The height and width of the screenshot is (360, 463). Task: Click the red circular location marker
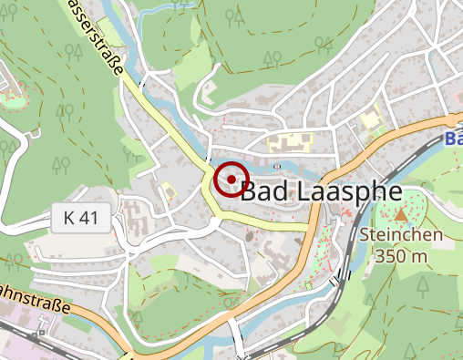[232, 179]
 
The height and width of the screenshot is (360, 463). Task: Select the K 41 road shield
[81, 219]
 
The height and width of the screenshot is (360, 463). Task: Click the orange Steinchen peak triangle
[401, 215]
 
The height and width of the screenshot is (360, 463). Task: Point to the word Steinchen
[401, 235]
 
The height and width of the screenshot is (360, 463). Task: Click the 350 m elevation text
[401, 256]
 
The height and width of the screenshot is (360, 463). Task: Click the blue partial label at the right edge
[454, 139]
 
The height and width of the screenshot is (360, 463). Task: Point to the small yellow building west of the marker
[168, 190]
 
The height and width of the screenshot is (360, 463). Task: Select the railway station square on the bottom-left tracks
[39, 335]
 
